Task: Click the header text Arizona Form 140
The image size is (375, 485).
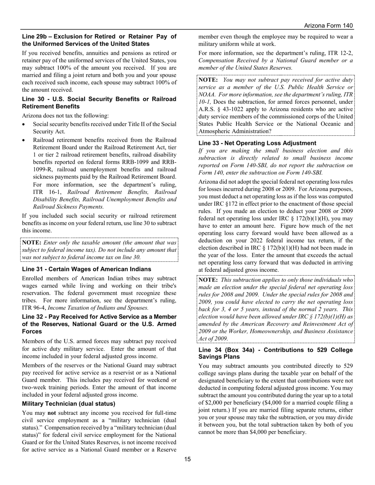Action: (x=328, y=26)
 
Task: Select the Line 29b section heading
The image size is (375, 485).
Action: (x=99, y=40)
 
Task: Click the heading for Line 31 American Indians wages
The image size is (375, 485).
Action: (x=86, y=269)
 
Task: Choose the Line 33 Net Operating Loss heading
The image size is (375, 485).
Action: (x=257, y=143)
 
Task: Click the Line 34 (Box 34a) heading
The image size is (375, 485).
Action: (x=276, y=353)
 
